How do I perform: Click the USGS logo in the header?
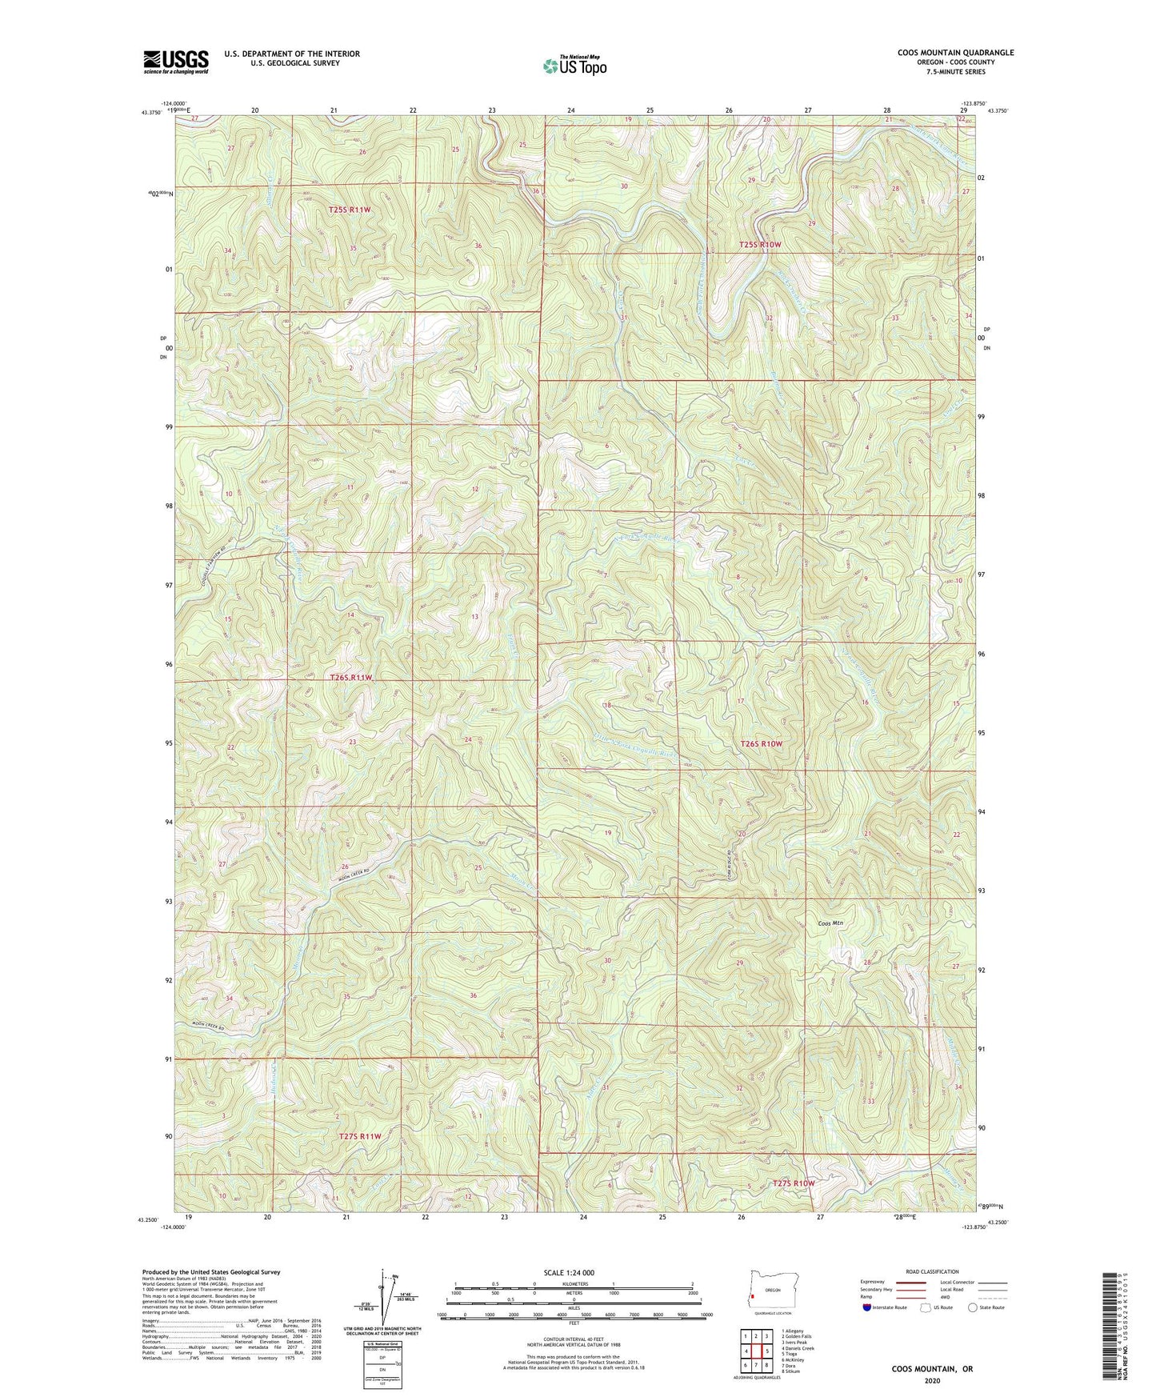point(176,62)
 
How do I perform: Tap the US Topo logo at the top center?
point(574,66)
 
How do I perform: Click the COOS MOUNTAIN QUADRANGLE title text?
point(944,53)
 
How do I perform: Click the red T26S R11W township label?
point(351,678)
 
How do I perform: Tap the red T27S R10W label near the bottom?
point(793,1183)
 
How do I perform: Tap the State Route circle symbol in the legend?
point(972,1308)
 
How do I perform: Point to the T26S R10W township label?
point(761,743)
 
